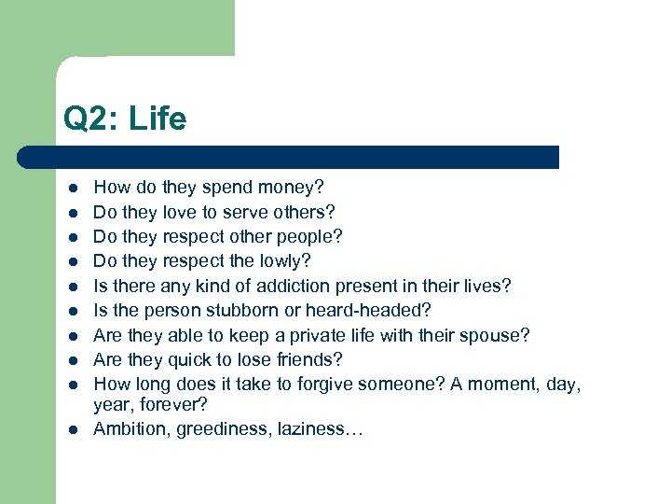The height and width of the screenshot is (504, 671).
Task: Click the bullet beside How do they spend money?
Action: [70, 189]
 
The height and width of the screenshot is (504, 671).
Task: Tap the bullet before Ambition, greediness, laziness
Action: [70, 430]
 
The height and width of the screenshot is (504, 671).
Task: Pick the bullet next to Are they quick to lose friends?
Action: [70, 359]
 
